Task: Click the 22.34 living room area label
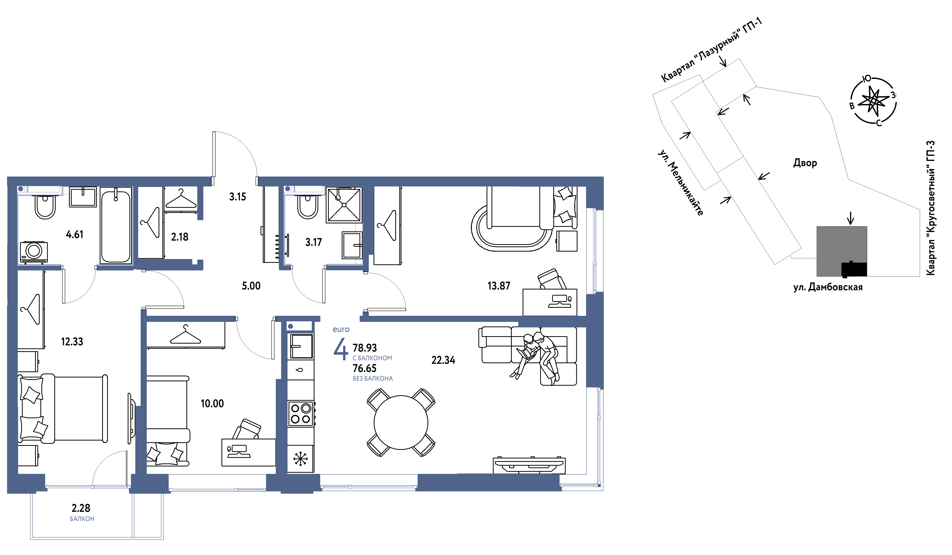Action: click(443, 360)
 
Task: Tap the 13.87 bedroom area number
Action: click(499, 286)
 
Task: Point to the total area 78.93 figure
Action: click(365, 348)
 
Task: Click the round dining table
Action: click(401, 422)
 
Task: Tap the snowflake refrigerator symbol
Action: click(301, 459)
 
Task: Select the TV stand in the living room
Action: click(529, 465)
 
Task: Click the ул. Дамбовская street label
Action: click(828, 287)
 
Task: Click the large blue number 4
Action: click(340, 349)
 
